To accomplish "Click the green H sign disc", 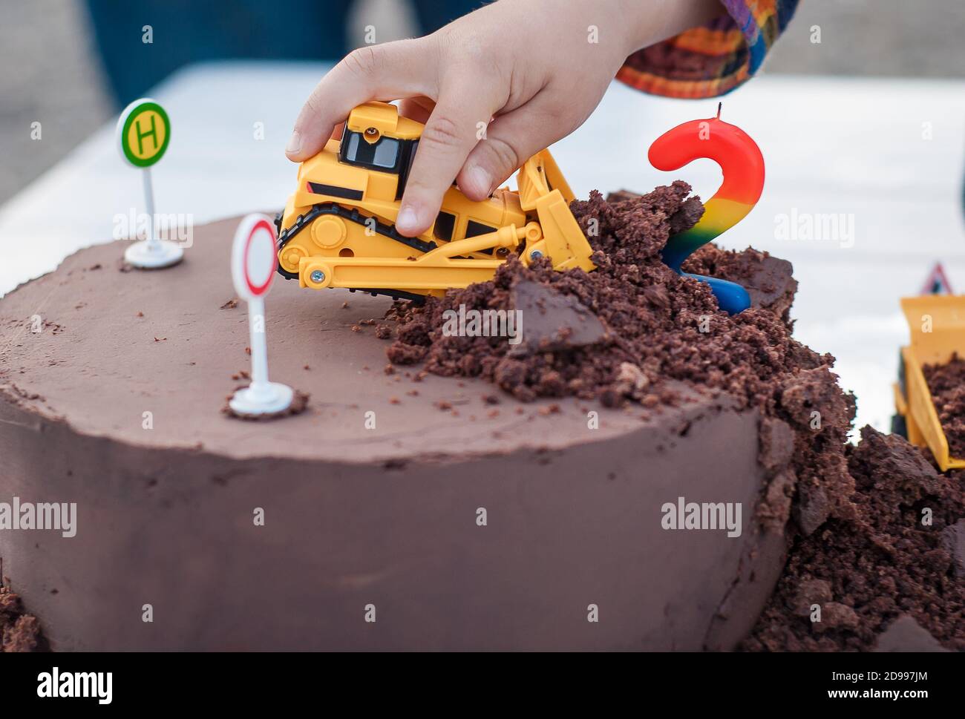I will (x=145, y=132).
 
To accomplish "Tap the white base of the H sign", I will (x=153, y=254).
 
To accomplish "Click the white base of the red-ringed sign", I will (x=261, y=400).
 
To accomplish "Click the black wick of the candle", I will (x=718, y=111).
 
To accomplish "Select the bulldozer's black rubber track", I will (x=349, y=223).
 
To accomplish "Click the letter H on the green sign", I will (x=145, y=134).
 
